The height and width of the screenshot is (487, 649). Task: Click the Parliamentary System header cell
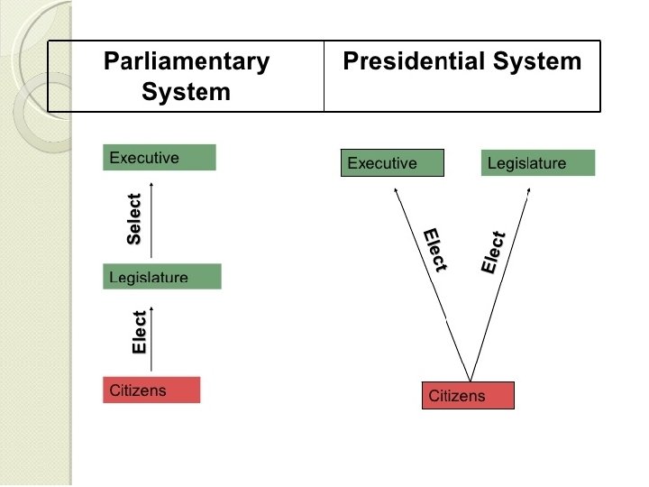click(x=186, y=77)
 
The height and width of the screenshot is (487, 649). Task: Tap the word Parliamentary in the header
click(x=187, y=62)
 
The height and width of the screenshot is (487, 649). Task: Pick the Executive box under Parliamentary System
click(x=160, y=158)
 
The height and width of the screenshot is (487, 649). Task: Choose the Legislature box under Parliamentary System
click(x=162, y=276)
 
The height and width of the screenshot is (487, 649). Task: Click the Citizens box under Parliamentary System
click(x=151, y=390)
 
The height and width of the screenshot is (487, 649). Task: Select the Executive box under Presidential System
click(x=393, y=163)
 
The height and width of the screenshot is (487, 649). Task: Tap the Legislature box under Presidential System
click(x=538, y=163)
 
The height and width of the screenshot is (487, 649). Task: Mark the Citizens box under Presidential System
click(x=468, y=396)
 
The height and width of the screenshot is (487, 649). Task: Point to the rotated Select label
click(x=134, y=219)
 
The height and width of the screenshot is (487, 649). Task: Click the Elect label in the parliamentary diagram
click(x=139, y=332)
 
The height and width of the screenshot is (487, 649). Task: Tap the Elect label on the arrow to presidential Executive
click(x=435, y=250)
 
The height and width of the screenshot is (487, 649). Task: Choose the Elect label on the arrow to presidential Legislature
click(x=493, y=253)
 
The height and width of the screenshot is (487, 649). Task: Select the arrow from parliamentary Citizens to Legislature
click(x=151, y=338)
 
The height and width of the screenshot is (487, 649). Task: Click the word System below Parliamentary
click(x=186, y=91)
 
